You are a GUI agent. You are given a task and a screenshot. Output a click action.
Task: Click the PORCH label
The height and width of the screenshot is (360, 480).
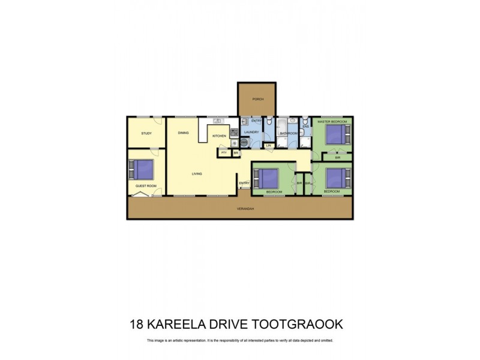pos(258,99)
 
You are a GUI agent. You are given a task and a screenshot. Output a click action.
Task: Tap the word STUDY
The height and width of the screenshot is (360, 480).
pos(146,133)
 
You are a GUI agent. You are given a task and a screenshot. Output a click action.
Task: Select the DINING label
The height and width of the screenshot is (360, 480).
pos(183,133)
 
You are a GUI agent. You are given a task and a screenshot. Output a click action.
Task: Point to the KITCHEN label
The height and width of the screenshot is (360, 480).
pos(219,136)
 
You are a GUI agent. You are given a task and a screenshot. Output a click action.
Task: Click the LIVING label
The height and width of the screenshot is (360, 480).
pos(197,174)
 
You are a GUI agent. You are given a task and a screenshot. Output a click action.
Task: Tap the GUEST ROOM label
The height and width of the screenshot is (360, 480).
pos(146,186)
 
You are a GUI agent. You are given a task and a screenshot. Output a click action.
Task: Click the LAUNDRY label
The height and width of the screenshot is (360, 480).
pos(252,132)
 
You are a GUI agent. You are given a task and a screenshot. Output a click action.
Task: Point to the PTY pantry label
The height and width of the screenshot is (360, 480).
pos(224,152)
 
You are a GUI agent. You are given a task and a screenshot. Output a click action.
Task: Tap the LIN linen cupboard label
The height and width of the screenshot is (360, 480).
pos(269,145)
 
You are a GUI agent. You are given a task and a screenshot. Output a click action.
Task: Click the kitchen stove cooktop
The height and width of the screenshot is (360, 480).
pos(233,133)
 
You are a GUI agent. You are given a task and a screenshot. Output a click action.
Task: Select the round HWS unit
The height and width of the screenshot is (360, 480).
pos(245,143)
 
